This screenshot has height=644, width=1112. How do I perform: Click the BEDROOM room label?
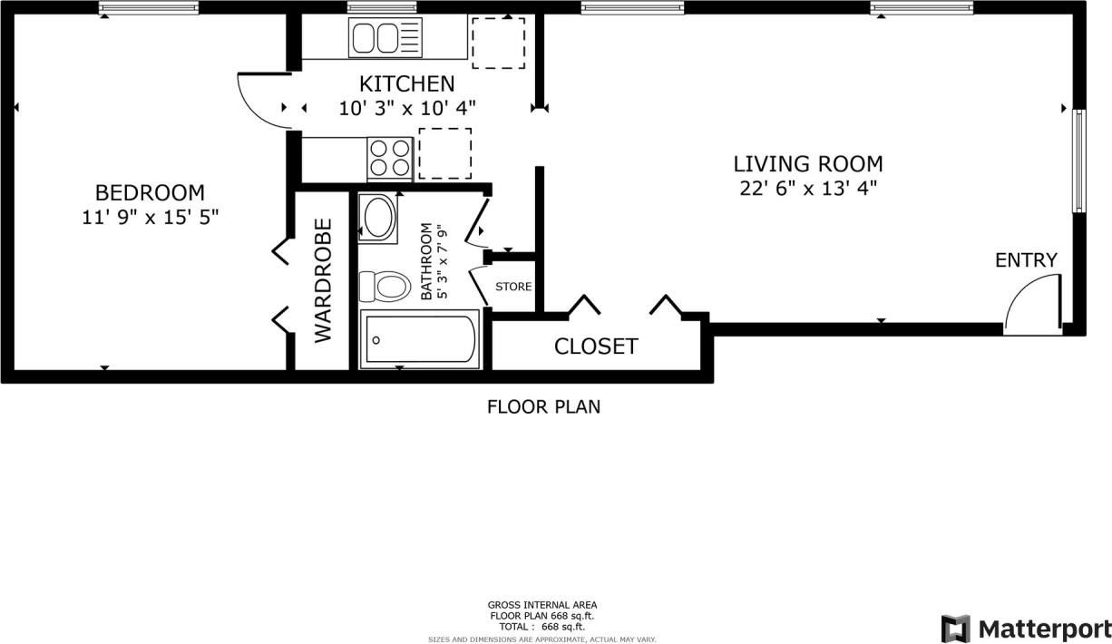[x=150, y=192]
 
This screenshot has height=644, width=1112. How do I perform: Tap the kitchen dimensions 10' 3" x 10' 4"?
[x=407, y=108]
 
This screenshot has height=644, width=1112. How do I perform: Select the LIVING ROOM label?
[x=807, y=164]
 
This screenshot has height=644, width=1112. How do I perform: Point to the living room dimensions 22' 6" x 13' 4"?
[x=807, y=189]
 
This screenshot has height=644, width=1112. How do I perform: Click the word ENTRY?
[x=1026, y=260]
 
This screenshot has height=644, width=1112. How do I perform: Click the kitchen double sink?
[x=385, y=39]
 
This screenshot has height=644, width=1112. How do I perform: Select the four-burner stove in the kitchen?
[x=390, y=157]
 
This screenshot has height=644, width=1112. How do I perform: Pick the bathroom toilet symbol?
[x=382, y=287]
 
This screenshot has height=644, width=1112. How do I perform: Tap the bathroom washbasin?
[x=378, y=218]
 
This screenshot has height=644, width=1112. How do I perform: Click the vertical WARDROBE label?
[x=324, y=280]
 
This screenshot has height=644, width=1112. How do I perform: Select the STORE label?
[x=513, y=288]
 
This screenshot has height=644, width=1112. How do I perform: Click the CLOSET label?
[x=596, y=346]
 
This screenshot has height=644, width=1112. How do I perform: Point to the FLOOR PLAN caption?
[x=543, y=406]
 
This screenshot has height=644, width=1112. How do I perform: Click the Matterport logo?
[x=1025, y=628]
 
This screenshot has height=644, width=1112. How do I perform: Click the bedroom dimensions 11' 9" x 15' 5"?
[x=150, y=217]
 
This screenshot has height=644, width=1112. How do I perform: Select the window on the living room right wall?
[x=1078, y=161]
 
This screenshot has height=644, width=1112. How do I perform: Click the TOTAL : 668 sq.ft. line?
[x=542, y=627]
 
